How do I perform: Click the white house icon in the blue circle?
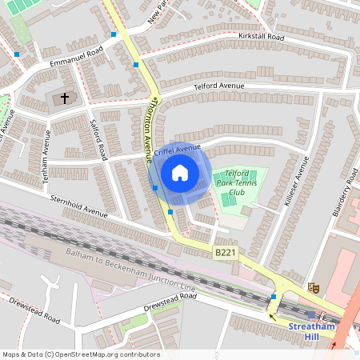click(180, 173)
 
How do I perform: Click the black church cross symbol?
click(63, 98)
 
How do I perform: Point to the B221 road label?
click(226, 253)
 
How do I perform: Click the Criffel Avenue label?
click(177, 150)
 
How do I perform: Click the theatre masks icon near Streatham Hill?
click(314, 286)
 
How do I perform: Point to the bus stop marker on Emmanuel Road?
click(17, 54)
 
